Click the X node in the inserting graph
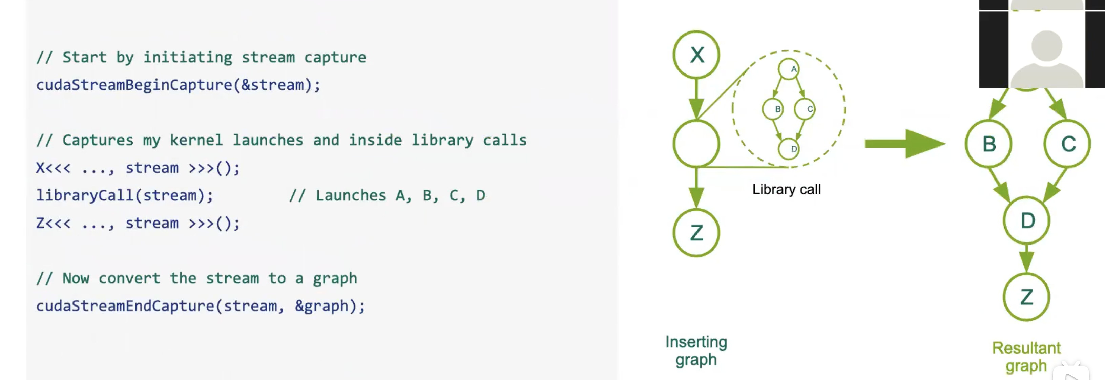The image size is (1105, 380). (x=696, y=55)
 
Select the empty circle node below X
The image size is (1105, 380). (x=696, y=143)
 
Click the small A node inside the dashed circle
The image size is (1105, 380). (x=789, y=69)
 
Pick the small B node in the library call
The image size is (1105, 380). (x=773, y=109)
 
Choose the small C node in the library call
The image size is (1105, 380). (x=805, y=109)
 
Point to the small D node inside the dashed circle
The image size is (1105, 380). (x=789, y=149)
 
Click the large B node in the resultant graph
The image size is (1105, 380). (x=989, y=144)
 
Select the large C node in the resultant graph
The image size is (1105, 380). (x=1067, y=144)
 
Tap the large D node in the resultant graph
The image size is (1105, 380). (x=1026, y=220)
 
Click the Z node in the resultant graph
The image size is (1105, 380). (x=1026, y=297)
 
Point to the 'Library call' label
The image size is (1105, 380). (x=786, y=189)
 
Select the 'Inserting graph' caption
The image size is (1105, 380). (x=696, y=351)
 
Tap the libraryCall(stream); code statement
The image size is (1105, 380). (x=124, y=195)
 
